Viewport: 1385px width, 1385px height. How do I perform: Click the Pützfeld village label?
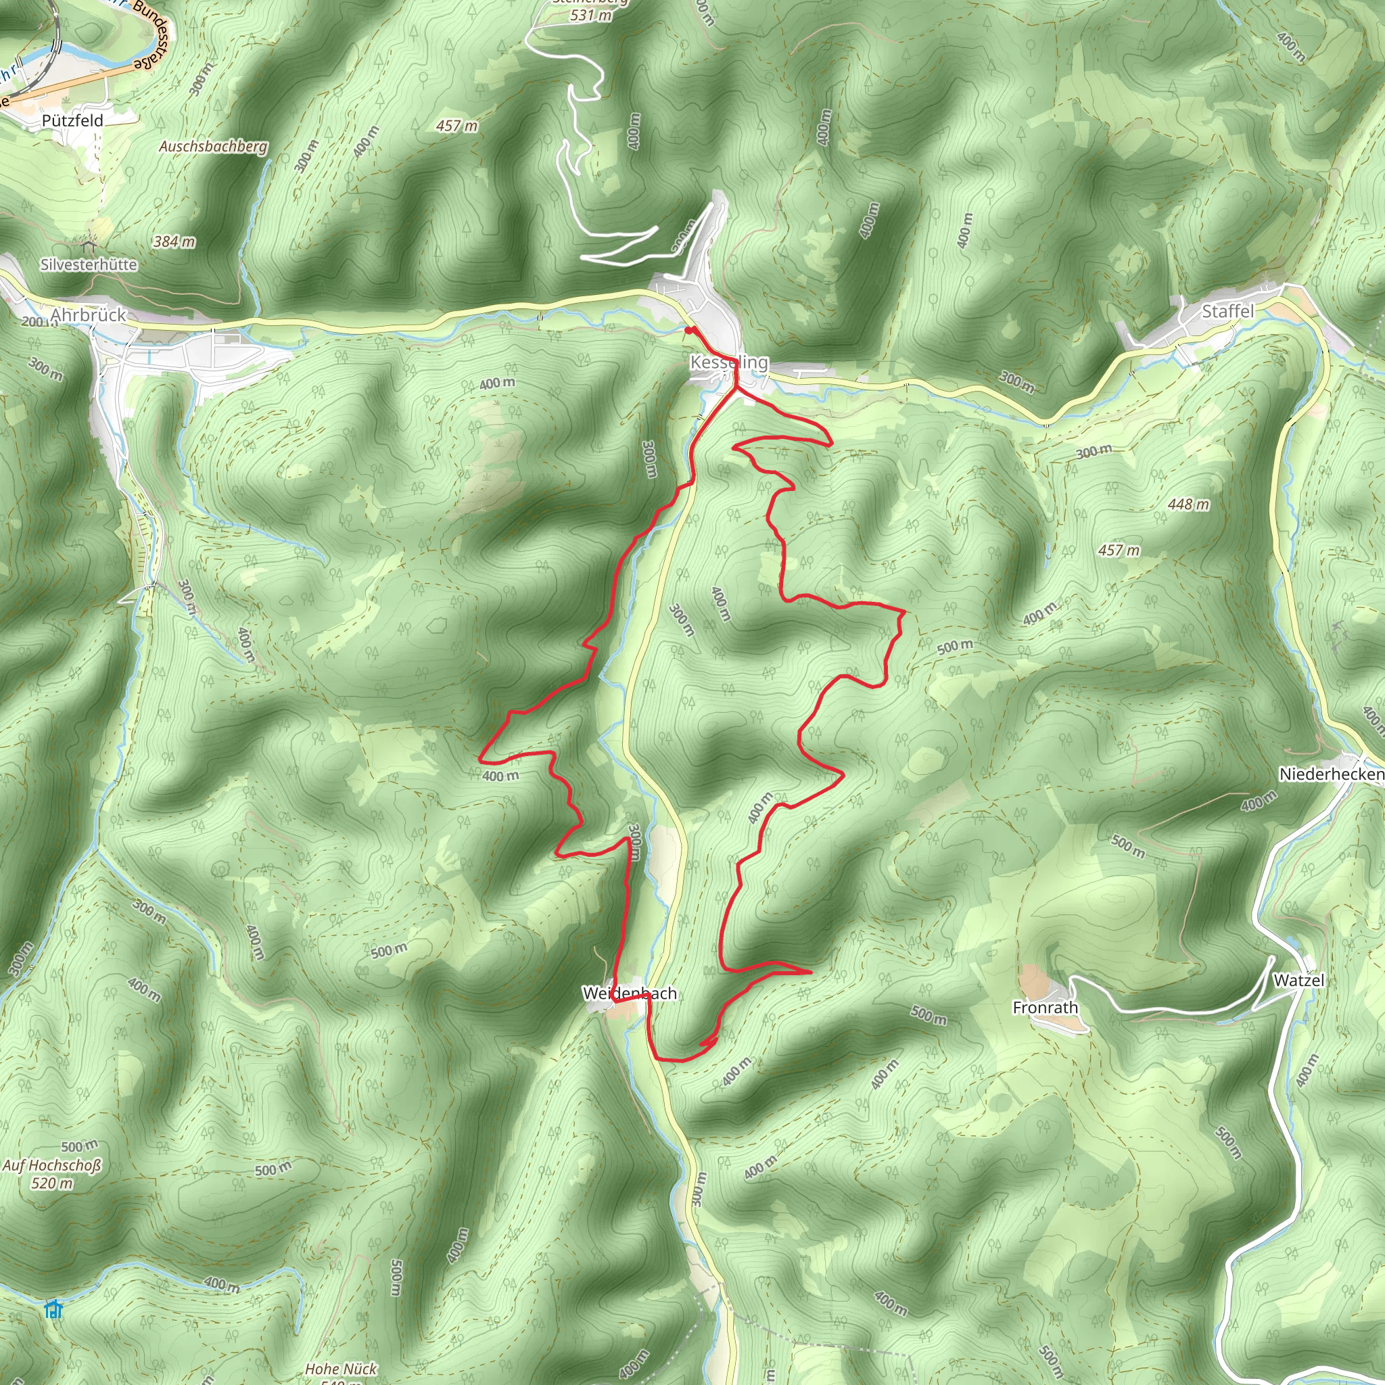point(72,120)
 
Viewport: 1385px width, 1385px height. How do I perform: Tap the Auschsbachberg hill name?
point(213,146)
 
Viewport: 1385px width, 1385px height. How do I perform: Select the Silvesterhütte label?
point(89,264)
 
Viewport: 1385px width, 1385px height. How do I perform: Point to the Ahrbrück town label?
point(88,314)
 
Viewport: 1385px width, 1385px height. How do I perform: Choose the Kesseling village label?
point(728,362)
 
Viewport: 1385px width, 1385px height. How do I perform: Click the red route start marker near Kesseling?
point(689,331)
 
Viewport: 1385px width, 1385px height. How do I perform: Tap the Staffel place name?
point(1228,311)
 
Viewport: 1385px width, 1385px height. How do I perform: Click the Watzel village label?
point(1298,980)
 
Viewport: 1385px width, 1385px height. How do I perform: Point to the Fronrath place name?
point(1046,1008)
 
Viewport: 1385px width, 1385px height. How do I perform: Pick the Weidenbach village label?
point(630,993)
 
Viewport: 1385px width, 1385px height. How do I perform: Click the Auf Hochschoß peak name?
point(51,1166)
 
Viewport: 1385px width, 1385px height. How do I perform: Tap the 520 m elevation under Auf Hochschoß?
point(51,1183)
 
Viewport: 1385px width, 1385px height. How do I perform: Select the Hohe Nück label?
point(341,1369)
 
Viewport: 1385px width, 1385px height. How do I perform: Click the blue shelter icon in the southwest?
point(53,1310)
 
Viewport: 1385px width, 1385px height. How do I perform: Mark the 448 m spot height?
point(1188,504)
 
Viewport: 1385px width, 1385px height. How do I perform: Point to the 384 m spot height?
point(174,241)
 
